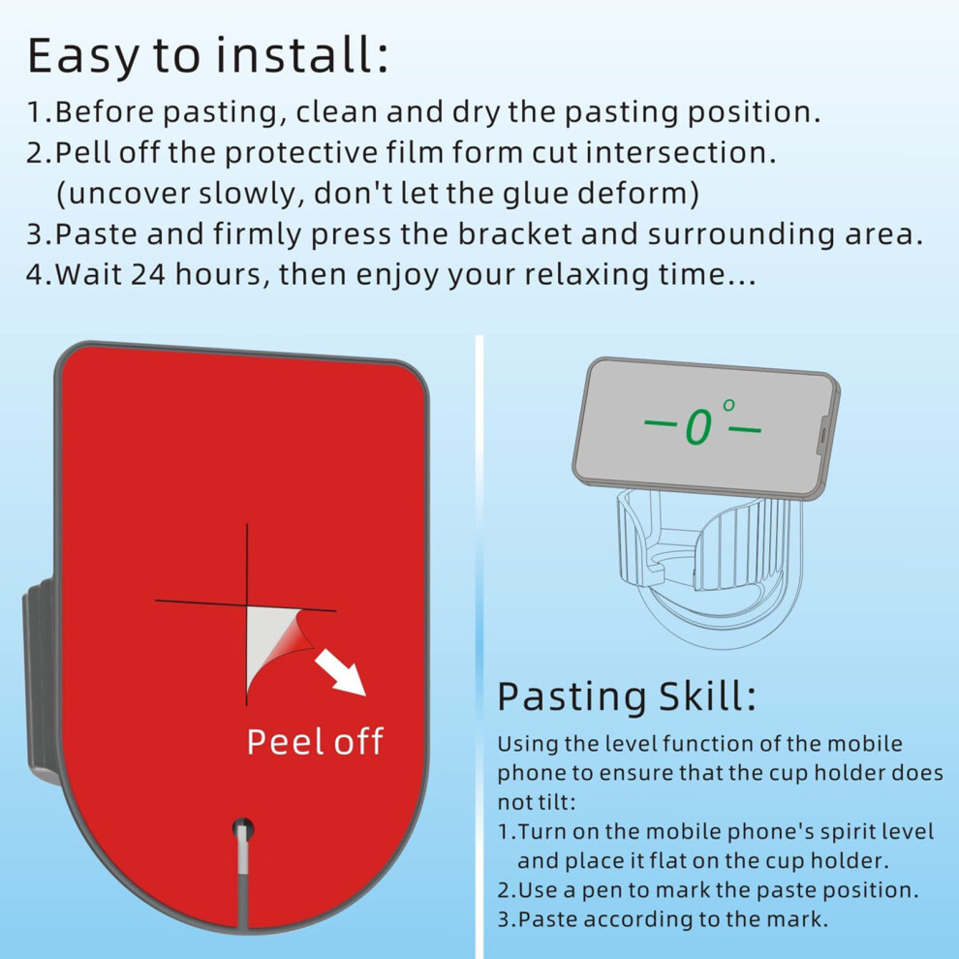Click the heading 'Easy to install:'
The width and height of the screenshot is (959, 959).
pyautogui.click(x=208, y=56)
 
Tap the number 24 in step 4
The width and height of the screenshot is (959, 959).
pyautogui.click(x=148, y=274)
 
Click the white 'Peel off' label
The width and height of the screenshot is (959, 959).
pyautogui.click(x=315, y=741)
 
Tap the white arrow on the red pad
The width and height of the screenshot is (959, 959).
pyautogui.click(x=341, y=673)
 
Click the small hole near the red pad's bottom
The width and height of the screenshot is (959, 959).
pyautogui.click(x=243, y=829)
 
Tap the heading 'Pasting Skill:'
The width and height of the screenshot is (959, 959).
pyautogui.click(x=627, y=696)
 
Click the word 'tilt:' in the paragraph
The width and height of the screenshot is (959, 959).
pyautogui.click(x=552, y=802)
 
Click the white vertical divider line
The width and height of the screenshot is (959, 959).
pyautogui.click(x=479, y=646)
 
